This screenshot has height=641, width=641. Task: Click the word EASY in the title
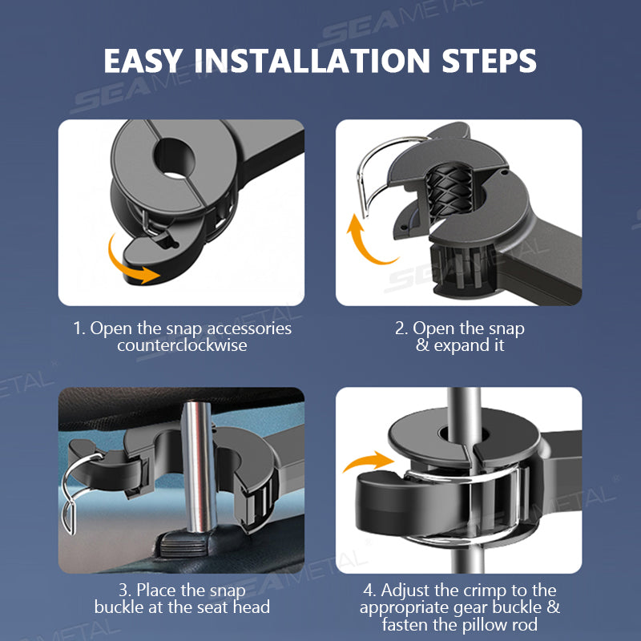(x=143, y=61)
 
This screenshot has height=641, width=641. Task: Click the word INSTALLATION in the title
(x=312, y=61)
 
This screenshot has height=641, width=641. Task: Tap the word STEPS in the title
(x=489, y=61)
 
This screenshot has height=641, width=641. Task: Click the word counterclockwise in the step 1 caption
(x=182, y=345)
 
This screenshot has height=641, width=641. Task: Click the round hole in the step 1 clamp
(x=175, y=158)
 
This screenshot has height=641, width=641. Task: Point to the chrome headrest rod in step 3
(x=199, y=466)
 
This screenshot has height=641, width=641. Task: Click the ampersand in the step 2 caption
(x=422, y=346)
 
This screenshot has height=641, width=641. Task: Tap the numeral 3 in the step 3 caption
(x=123, y=591)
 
